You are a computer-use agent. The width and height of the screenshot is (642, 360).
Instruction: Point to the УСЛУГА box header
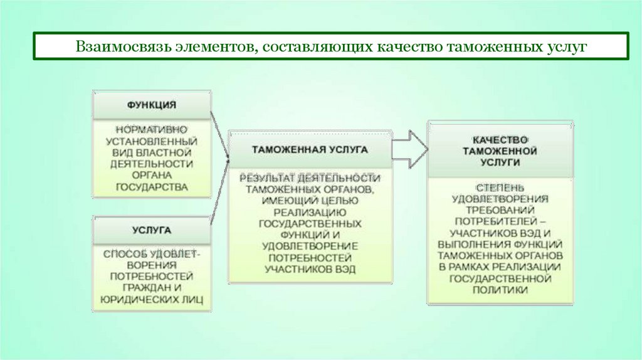152,230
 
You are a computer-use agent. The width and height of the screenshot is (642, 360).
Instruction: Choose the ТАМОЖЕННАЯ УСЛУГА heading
310,150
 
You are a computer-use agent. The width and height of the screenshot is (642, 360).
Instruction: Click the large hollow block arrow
409,149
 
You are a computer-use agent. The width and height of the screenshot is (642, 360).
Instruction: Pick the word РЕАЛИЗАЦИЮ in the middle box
310,212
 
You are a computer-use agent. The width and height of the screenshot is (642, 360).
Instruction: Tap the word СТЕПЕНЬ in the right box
500,188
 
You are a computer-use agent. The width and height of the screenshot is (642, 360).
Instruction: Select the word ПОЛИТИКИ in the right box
500,290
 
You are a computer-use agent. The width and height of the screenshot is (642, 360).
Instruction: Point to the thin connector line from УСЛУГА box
219,194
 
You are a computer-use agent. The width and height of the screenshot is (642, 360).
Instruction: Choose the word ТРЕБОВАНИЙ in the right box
500,210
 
